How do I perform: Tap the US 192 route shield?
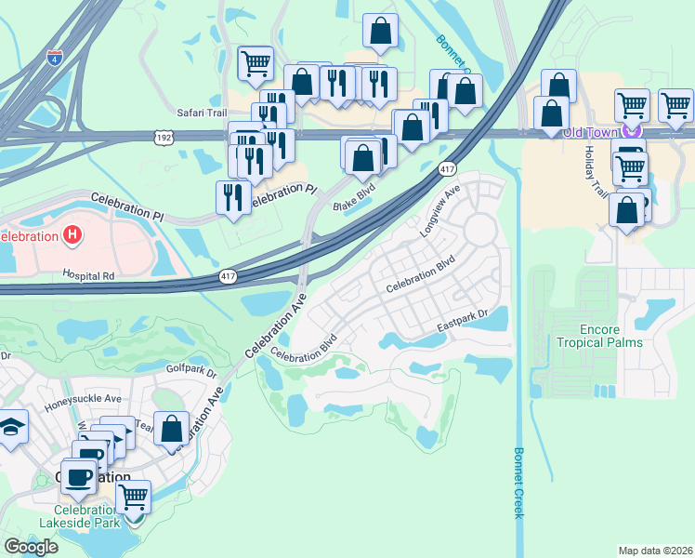(x=163, y=136)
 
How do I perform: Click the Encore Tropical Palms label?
(x=598, y=336)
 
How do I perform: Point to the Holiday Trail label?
(x=595, y=175)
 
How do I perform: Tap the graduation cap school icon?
(x=12, y=426)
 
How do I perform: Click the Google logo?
(x=31, y=546)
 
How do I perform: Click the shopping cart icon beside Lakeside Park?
(x=134, y=497)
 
